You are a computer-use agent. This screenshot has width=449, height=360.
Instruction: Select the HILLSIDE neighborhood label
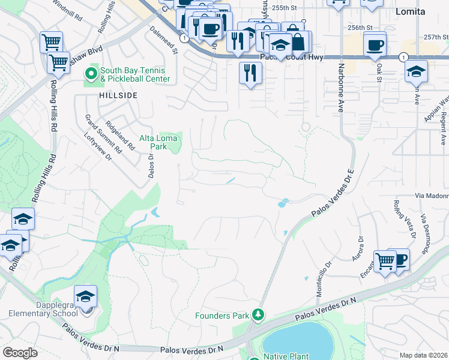119,95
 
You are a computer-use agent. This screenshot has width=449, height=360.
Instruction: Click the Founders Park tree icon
258,314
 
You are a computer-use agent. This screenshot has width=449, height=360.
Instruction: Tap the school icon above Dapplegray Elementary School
85,296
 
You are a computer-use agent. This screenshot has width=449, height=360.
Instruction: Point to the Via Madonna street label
432,196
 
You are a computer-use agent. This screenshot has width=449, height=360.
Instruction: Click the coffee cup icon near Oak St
375,45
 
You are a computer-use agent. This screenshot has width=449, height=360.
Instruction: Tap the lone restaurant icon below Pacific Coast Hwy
250,73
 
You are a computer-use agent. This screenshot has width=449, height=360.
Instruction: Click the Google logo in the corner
20,353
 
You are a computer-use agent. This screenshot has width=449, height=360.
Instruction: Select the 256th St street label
360,28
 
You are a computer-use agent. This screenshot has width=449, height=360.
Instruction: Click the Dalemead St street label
164,40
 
